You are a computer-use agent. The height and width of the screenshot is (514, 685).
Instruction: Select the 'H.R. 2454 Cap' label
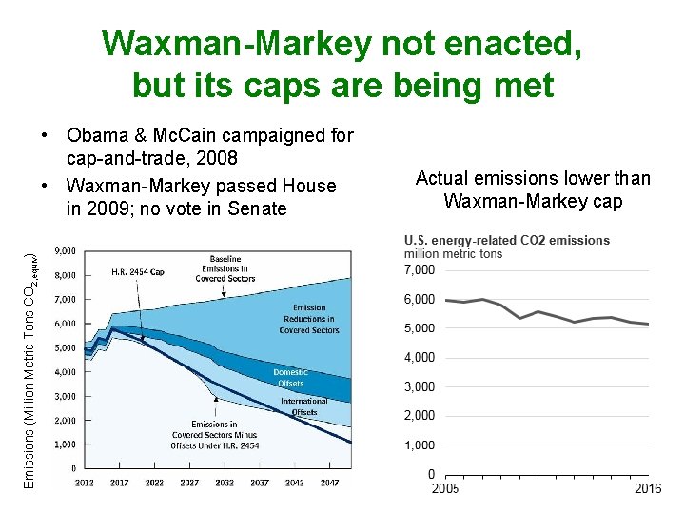click(138, 272)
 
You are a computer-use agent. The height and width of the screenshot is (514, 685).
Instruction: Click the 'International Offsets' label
click(303, 406)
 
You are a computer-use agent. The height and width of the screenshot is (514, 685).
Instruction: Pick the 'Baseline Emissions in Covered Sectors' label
click(225, 268)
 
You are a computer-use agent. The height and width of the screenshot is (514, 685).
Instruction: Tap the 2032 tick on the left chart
click(224, 483)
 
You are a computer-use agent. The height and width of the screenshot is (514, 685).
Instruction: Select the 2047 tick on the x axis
click(329, 483)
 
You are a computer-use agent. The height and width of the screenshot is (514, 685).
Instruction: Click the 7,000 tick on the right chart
click(420, 269)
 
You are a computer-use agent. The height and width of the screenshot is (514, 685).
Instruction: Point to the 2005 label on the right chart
click(445, 488)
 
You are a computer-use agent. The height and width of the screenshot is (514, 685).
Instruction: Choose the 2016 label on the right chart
click(649, 488)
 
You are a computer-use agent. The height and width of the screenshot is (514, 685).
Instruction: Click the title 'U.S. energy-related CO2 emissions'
click(506, 240)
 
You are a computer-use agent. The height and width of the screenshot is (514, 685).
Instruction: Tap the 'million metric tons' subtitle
click(453, 253)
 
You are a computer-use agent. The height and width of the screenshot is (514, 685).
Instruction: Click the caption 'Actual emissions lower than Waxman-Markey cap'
click(533, 189)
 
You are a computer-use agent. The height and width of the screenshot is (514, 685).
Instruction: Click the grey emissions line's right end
click(649, 325)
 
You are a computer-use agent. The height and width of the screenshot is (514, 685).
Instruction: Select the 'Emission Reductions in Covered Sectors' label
click(309, 319)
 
